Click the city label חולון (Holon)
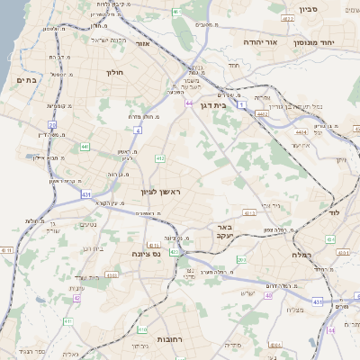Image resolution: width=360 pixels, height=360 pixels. tap(114, 72)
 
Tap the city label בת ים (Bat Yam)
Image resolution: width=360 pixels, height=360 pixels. tap(24, 80)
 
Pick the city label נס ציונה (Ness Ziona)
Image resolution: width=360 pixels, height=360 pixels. tap(146, 254)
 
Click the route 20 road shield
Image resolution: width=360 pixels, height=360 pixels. tap(52, 125)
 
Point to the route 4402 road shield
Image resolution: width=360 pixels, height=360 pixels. tap(262, 114)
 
